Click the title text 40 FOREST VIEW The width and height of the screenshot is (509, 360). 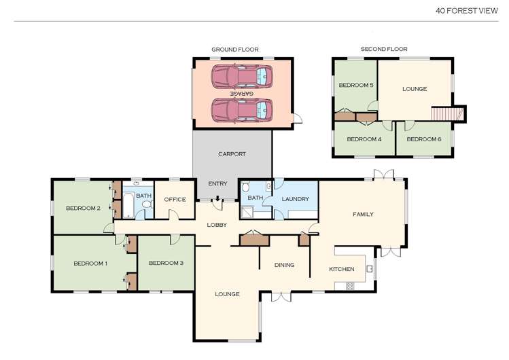467,10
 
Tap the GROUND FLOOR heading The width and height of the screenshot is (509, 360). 232,50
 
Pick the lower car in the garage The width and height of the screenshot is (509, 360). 241,109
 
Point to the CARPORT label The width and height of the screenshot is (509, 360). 232,154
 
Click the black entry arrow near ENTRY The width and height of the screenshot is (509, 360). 217,198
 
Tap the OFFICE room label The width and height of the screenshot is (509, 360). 175,199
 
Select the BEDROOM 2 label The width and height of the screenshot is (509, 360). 83,208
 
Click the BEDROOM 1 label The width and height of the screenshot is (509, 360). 90,263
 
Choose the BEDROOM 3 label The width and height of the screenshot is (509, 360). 166,263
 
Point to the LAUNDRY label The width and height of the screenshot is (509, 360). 296,199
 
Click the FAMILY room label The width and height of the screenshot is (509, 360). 363,214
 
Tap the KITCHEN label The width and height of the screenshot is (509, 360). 342,269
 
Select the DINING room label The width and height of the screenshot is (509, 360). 284,264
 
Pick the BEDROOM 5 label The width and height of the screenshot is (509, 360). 356,86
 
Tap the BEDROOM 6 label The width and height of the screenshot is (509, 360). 424,139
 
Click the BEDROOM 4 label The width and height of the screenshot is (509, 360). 364,139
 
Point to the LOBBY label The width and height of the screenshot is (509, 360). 217,225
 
